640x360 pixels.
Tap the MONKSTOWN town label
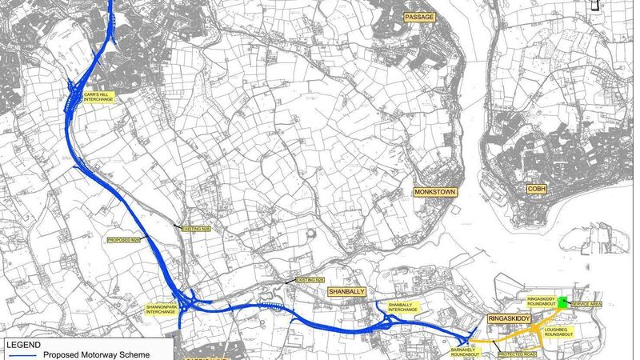[x=434, y=192]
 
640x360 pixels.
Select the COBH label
[x=535, y=189]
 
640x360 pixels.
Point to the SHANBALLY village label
[x=348, y=293]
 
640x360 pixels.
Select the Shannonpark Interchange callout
[x=161, y=309]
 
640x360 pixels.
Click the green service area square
[x=563, y=302]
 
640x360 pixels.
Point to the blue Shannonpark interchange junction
[x=190, y=301]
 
